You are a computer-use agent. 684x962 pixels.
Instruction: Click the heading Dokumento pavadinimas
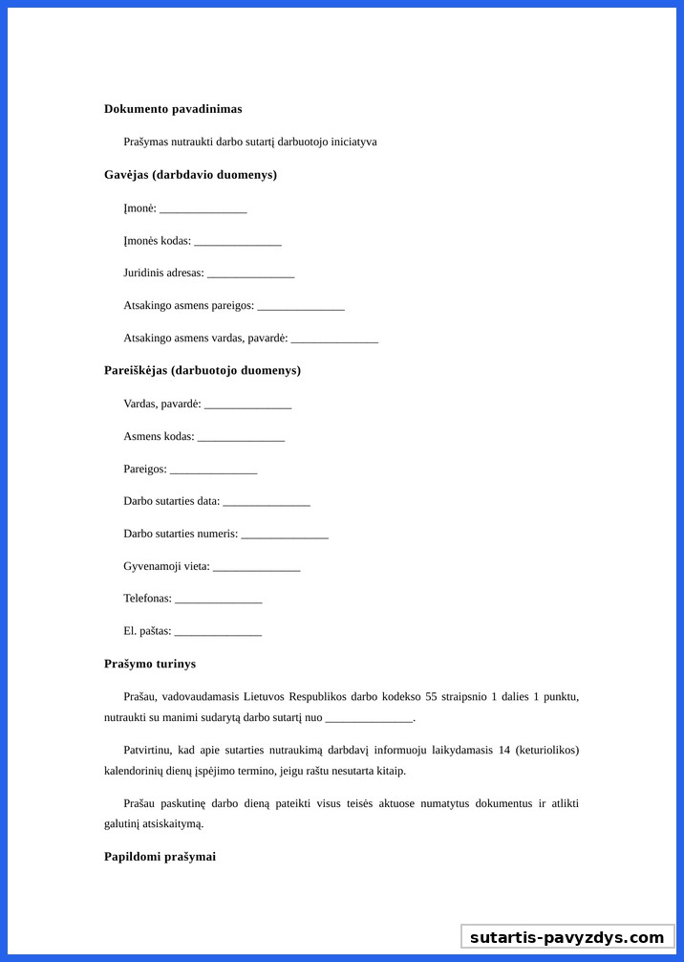coord(173,109)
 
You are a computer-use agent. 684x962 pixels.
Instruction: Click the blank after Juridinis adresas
coord(250,274)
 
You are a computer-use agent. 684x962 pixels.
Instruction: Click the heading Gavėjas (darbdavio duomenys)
coord(190,175)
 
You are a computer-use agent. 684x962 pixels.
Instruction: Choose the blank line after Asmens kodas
coord(241,438)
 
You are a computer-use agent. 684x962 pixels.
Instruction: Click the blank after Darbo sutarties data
coord(266,503)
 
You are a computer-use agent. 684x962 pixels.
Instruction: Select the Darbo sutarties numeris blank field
coord(285,536)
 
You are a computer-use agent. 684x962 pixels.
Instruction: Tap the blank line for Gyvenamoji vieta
coord(256,568)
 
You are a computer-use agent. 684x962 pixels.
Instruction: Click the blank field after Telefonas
coord(218,601)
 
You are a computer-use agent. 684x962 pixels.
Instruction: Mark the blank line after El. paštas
coord(218,633)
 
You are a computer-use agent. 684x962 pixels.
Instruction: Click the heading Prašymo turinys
coord(150,664)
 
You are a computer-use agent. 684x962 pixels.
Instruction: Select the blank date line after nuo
coord(369,719)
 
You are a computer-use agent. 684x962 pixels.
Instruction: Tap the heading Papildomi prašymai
coord(160,857)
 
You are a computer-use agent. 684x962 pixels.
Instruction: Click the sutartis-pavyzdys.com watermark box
coord(566,937)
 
